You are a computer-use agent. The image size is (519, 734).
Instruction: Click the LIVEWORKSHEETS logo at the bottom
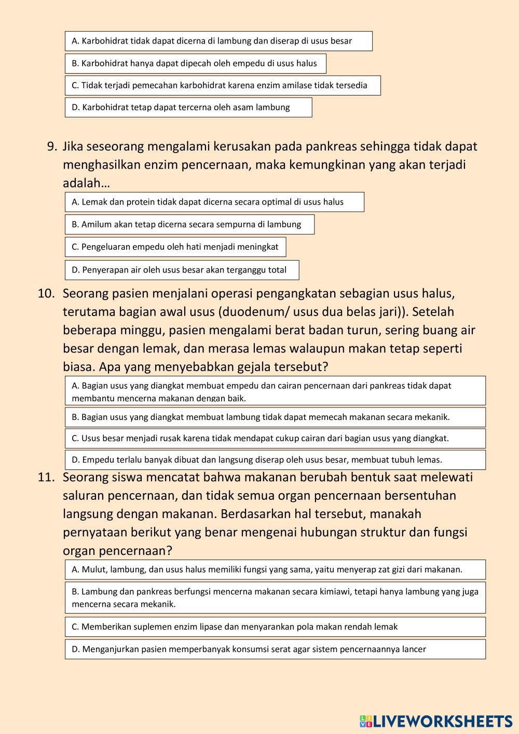click(436, 721)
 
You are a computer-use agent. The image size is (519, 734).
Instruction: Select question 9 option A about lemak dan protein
click(214, 202)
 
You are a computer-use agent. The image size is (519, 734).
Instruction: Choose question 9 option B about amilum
click(189, 224)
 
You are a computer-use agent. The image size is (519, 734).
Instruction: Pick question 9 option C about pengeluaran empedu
click(175, 247)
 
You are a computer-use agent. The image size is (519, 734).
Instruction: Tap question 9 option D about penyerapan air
click(182, 270)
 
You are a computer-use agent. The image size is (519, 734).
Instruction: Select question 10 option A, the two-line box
click(275, 391)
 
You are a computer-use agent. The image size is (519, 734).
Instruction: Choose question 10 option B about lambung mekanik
click(275, 417)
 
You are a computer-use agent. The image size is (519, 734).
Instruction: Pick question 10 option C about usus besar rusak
click(275, 438)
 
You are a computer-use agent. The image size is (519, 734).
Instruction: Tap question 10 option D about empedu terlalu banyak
click(275, 459)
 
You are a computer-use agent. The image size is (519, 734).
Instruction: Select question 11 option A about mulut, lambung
click(275, 569)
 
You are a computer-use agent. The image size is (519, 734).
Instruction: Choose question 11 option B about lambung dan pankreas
click(275, 597)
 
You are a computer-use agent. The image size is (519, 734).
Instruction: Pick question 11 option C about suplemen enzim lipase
click(275, 627)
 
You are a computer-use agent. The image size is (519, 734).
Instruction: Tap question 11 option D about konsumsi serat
click(275, 649)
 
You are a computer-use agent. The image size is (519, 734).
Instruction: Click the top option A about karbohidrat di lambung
click(218, 41)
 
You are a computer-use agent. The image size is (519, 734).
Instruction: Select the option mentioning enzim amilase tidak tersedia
click(222, 85)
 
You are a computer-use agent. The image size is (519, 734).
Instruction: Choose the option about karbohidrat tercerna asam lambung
click(188, 107)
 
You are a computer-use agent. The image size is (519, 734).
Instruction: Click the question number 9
click(52, 147)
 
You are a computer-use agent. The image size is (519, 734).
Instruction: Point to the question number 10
click(46, 294)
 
